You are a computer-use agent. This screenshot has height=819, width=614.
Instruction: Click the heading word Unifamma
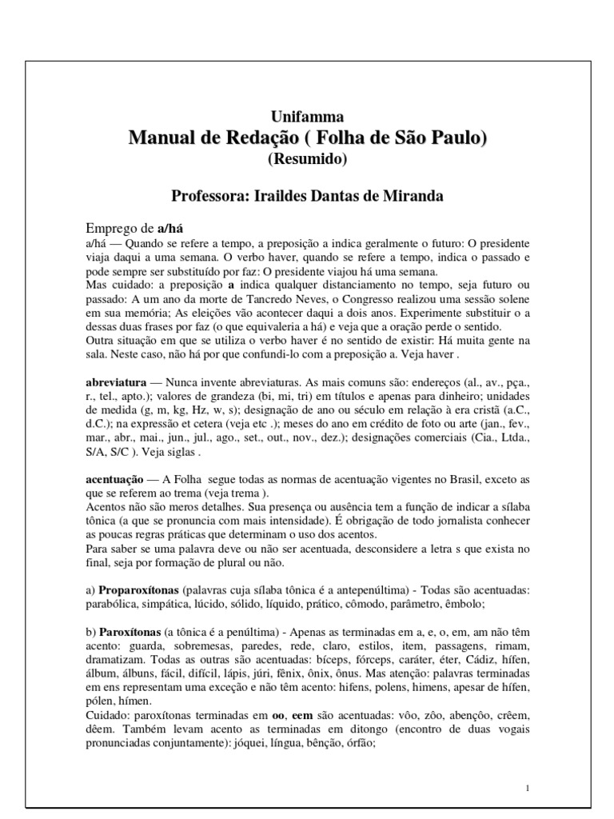coord(308,116)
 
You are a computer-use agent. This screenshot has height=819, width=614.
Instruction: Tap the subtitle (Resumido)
coord(308,158)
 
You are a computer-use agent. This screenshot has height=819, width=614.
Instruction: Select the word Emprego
coord(111,227)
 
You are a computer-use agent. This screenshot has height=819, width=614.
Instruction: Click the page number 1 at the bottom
coord(529,788)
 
